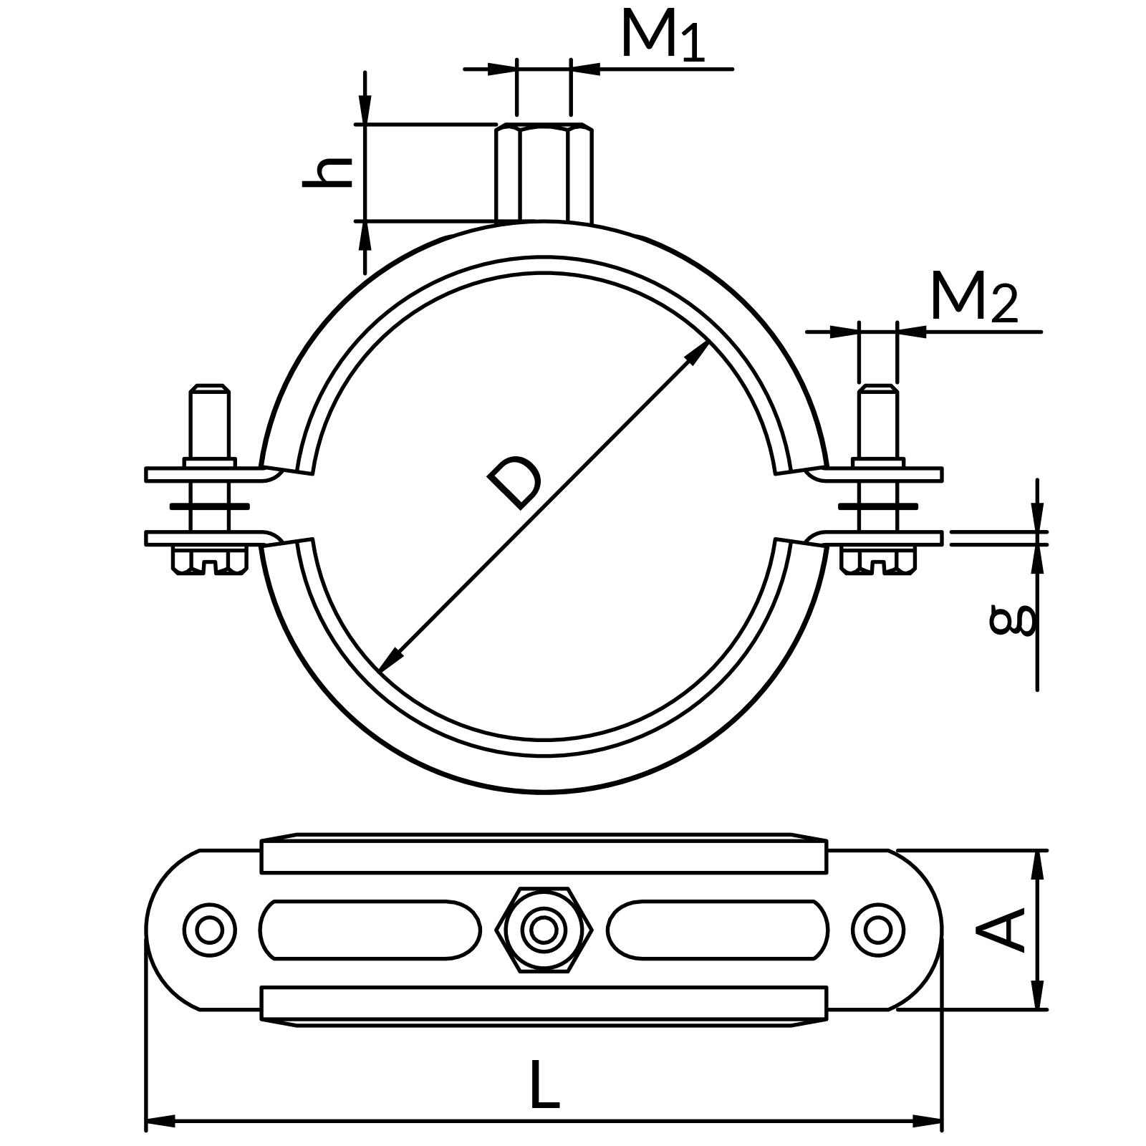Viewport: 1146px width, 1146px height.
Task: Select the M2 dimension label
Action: pyautogui.click(x=973, y=298)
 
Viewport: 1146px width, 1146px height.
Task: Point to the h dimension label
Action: pyautogui.click(x=328, y=172)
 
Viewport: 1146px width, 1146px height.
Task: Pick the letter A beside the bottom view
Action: pyautogui.click(x=1001, y=930)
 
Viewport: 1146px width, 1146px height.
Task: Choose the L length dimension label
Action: pyautogui.click(x=544, y=1085)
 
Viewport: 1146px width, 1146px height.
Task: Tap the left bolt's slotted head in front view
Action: pyautogui.click(x=209, y=560)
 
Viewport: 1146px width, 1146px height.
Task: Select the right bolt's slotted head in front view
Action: pyautogui.click(x=878, y=560)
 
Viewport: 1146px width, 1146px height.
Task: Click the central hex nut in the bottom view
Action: pyautogui.click(x=544, y=930)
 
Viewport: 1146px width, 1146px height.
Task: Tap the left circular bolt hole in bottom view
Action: pyautogui.click(x=209, y=930)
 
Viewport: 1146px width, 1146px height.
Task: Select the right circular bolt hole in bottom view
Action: pyautogui.click(x=878, y=930)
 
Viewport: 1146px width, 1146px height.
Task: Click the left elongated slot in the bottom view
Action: pyautogui.click(x=370, y=930)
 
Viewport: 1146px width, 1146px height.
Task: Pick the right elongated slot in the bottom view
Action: pyautogui.click(x=718, y=930)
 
